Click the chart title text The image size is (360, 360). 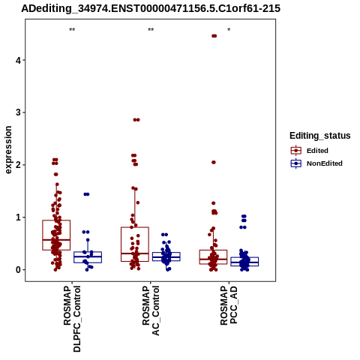151,8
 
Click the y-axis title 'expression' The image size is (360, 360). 8,150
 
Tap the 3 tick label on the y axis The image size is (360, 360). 18,112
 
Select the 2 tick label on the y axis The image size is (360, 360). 18,165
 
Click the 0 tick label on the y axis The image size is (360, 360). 18,270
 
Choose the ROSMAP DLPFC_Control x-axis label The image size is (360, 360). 72,319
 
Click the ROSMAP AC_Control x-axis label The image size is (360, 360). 151,310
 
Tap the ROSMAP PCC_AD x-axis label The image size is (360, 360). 229,305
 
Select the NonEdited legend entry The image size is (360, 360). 316,163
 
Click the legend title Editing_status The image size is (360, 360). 320,136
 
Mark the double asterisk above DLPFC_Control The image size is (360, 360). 72,30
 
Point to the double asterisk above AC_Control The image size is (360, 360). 151,30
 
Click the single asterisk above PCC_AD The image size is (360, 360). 229,30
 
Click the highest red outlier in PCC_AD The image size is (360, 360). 214,36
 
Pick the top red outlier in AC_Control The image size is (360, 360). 136,120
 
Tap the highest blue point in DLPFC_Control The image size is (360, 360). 86,194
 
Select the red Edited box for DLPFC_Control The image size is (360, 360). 56,235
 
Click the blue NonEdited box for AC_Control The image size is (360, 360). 166,256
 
